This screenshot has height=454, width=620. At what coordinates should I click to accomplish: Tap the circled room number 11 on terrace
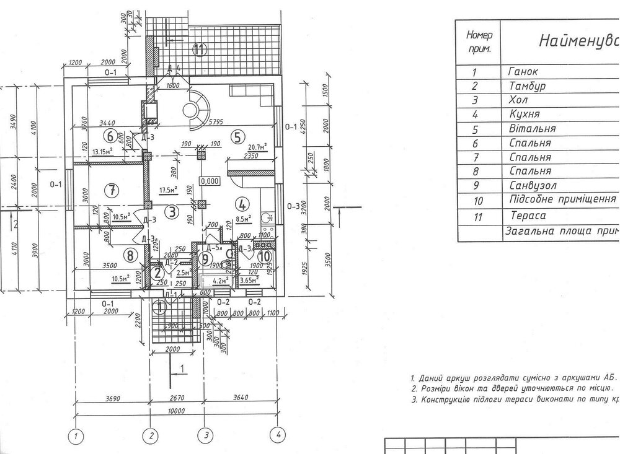(198, 51)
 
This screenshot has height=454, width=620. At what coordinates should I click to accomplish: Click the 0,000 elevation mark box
(209, 181)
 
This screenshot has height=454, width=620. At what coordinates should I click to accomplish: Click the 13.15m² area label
(102, 151)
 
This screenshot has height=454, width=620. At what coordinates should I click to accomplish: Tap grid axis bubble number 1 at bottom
(76, 435)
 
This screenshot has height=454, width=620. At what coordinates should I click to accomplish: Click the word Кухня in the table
(524, 114)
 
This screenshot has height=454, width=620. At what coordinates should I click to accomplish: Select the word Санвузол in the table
(533, 185)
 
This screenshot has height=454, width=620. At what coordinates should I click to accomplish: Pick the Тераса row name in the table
(528, 216)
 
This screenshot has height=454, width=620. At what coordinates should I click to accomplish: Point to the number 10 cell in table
(477, 201)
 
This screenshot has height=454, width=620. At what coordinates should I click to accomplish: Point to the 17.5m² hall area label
(168, 190)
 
